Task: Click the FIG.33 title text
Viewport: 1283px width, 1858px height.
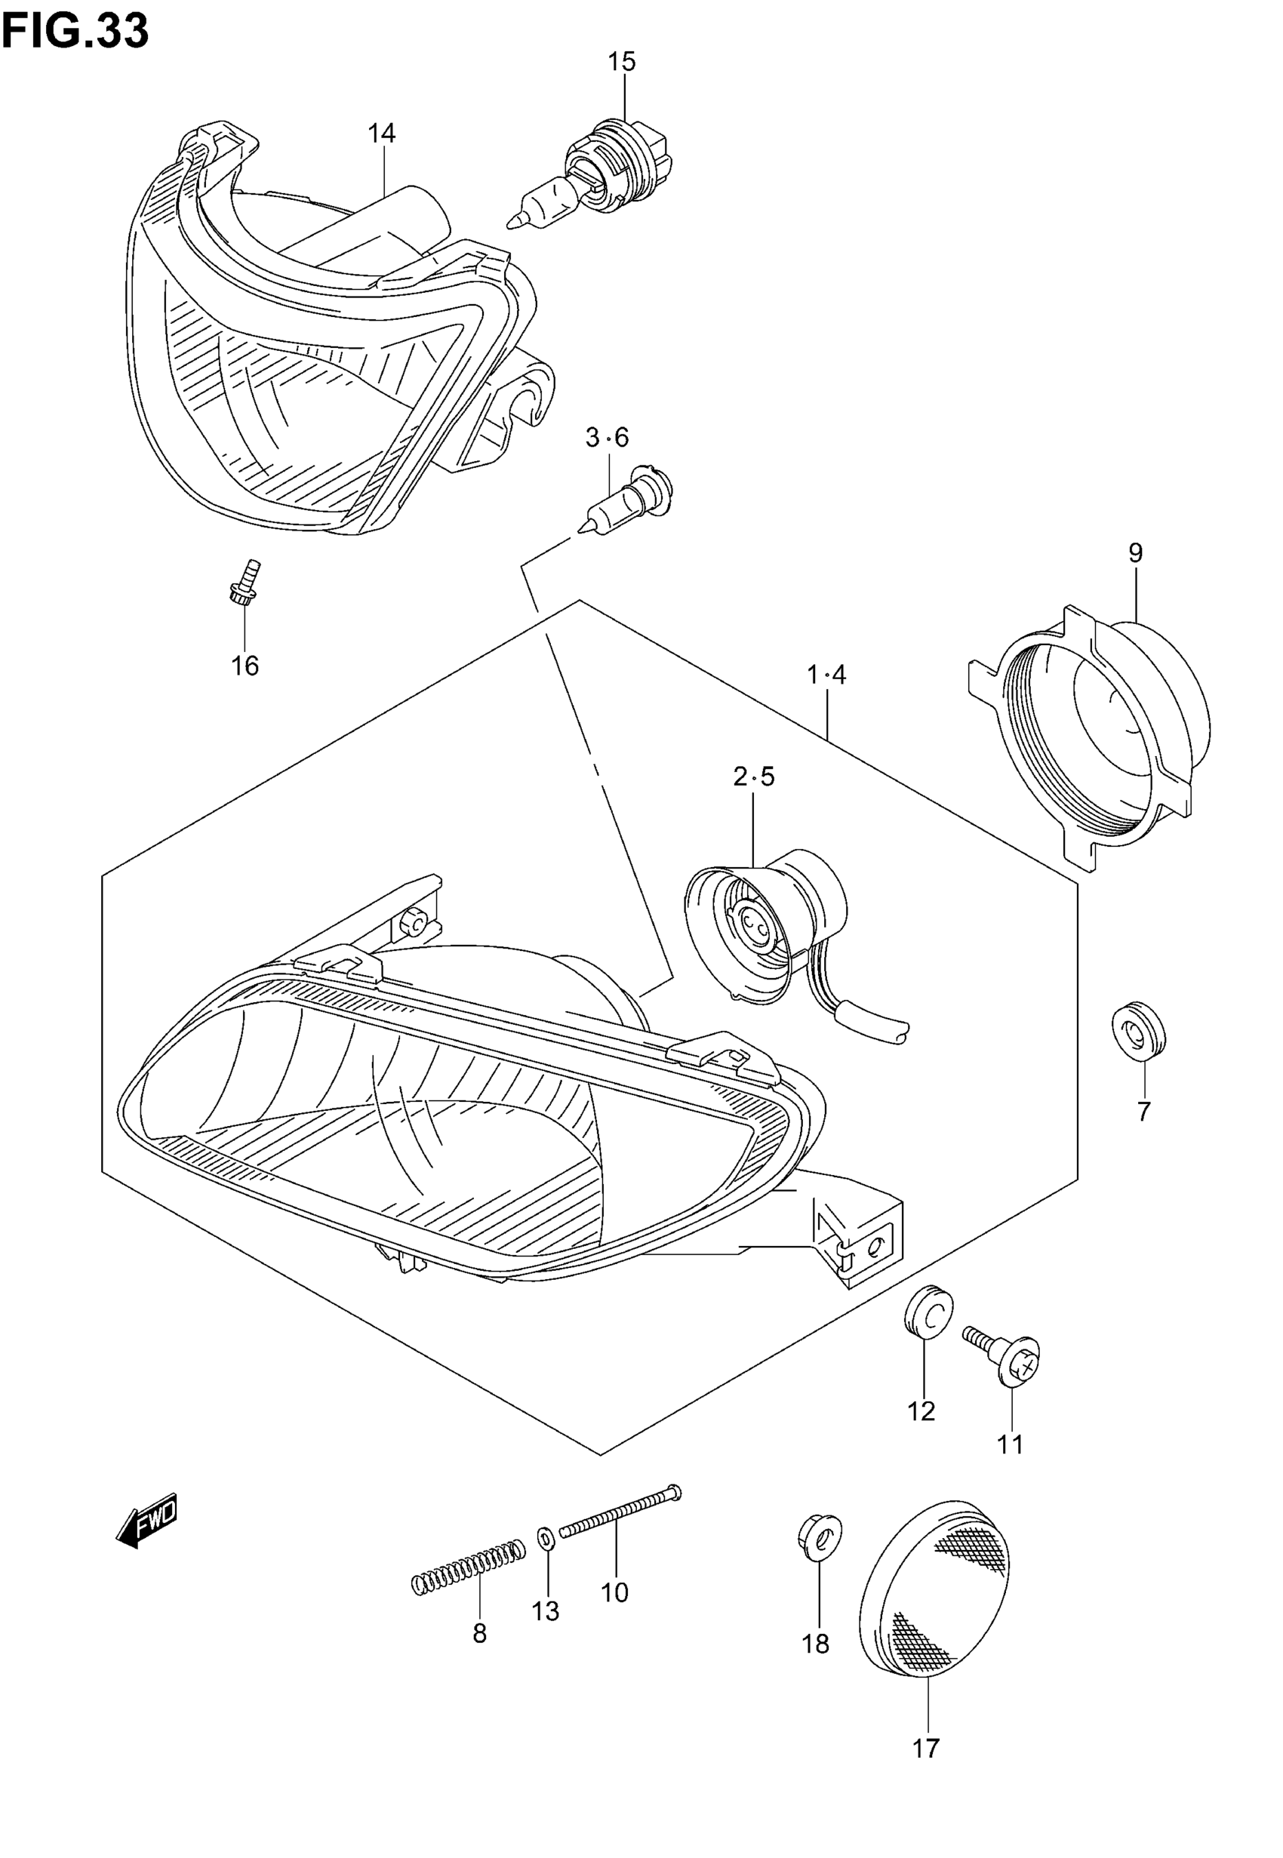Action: (x=75, y=32)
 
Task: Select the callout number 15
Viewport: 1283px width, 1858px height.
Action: (x=621, y=62)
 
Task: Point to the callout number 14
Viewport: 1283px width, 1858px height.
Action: (x=382, y=134)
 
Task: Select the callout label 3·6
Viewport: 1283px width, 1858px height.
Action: (x=607, y=438)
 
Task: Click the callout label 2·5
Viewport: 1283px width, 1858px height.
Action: (x=753, y=777)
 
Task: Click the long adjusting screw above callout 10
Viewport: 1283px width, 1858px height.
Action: (x=620, y=1512)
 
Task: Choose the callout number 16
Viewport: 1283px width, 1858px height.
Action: (x=245, y=666)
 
